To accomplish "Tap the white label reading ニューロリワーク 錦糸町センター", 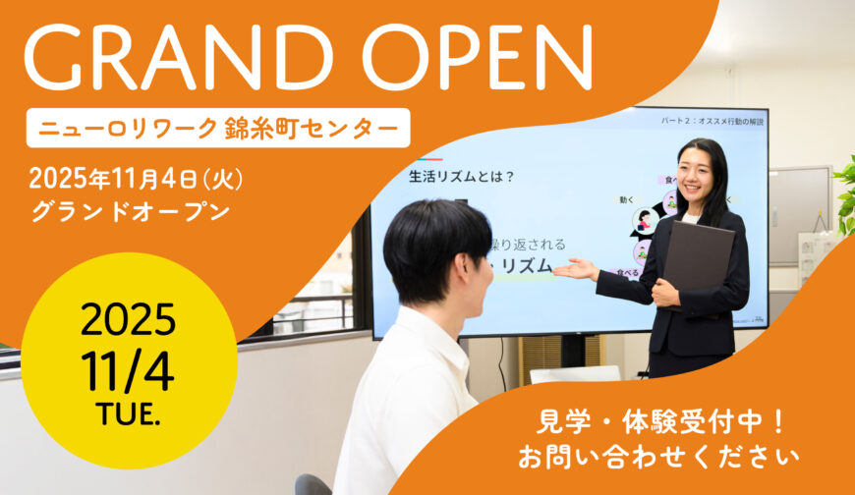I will coord(218,128).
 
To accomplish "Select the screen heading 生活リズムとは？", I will coord(462,178).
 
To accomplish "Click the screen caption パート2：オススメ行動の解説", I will coord(712,122).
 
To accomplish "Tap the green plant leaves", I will coord(845,196).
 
